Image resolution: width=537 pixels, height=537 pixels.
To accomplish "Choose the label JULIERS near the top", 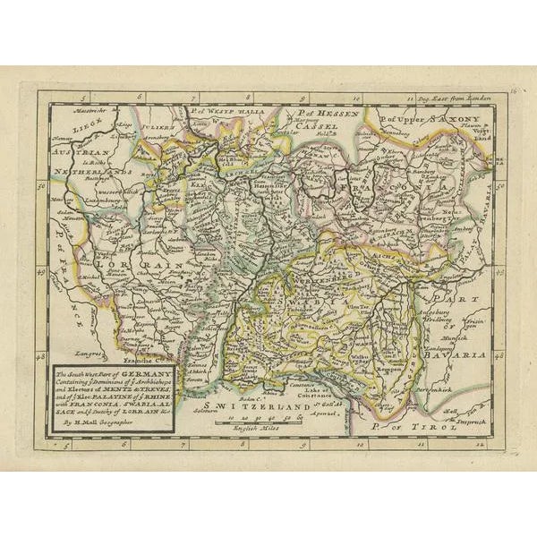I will click(x=158, y=126).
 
